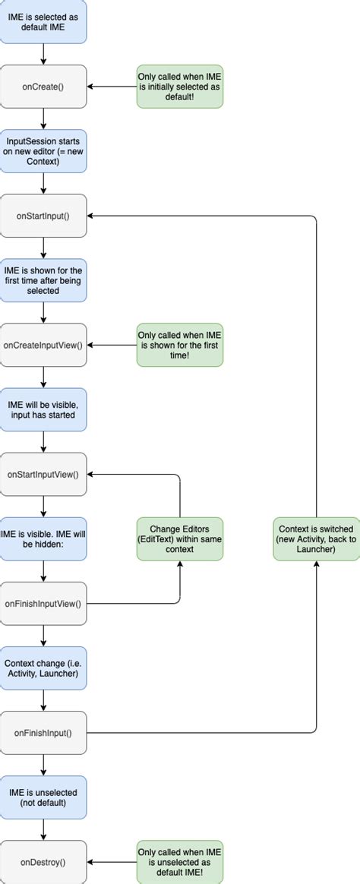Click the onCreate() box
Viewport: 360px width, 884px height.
click(x=44, y=87)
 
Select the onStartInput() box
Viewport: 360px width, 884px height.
click(x=44, y=216)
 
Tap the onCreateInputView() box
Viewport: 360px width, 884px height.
click(x=44, y=346)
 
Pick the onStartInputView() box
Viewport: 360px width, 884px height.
click(x=44, y=475)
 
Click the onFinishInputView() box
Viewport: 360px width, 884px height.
click(x=44, y=604)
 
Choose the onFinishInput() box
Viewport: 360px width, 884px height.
click(x=44, y=733)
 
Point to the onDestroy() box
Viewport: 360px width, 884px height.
click(x=44, y=862)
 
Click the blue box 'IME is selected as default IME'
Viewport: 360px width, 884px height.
click(x=44, y=21)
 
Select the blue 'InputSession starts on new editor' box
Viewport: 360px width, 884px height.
click(x=44, y=151)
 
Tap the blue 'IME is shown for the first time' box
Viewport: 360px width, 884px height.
click(x=44, y=280)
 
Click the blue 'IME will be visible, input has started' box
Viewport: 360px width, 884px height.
click(x=44, y=410)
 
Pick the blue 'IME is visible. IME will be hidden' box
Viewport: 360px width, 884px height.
click(x=44, y=539)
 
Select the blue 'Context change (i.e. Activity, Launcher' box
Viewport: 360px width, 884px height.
click(x=44, y=668)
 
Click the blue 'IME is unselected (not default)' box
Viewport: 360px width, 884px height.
click(x=44, y=797)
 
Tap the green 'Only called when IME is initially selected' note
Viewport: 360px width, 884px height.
click(x=180, y=87)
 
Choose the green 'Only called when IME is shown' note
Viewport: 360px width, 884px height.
click(x=180, y=346)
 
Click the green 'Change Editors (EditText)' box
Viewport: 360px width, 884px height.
click(x=180, y=539)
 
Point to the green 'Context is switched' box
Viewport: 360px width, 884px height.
click(x=316, y=539)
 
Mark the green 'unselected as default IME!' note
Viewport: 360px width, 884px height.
click(x=180, y=862)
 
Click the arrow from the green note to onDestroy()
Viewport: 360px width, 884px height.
click(x=112, y=862)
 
